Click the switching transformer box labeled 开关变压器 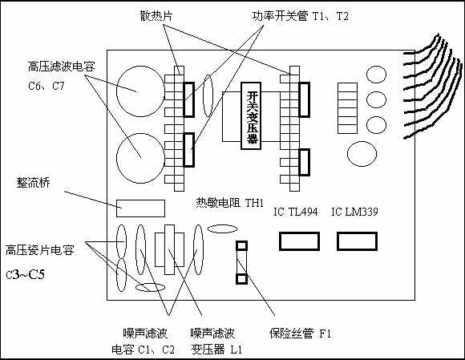click(x=251, y=115)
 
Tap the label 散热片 click(x=156, y=16)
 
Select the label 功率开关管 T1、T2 click(x=300, y=16)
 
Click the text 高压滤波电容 click(x=62, y=67)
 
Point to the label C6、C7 click(x=46, y=86)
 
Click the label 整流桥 click(x=34, y=183)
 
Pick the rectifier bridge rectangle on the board click(x=140, y=208)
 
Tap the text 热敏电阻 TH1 click(x=230, y=203)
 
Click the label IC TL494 click(x=295, y=212)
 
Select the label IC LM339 click(x=354, y=212)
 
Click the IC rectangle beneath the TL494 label click(x=299, y=241)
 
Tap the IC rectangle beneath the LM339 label click(x=357, y=241)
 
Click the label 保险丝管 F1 click(x=300, y=334)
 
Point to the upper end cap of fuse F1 click(x=241, y=246)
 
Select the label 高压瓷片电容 click(x=40, y=250)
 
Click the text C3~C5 click(x=26, y=274)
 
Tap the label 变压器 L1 click(x=216, y=350)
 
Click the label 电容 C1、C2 click(x=144, y=350)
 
